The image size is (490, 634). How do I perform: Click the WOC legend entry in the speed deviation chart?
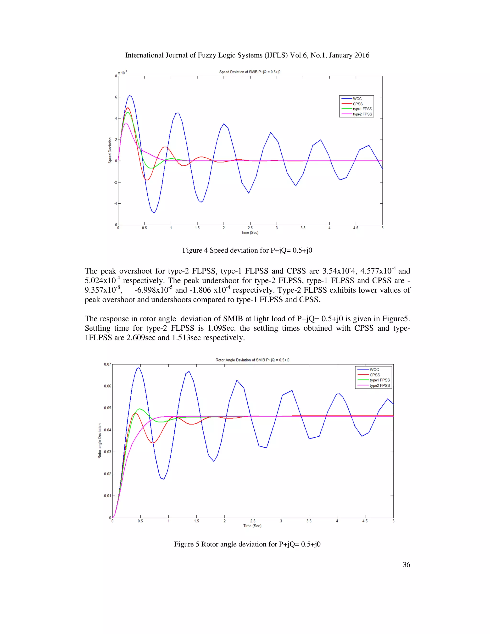tap(357, 99)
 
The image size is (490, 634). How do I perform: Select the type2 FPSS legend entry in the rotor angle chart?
tap(379, 385)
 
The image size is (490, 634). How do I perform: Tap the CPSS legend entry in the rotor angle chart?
tap(374, 375)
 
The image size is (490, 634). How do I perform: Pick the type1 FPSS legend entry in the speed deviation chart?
tap(362, 109)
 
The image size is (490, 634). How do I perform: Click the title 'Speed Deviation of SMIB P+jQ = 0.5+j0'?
tap(250, 72)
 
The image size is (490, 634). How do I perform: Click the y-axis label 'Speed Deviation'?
tap(110, 150)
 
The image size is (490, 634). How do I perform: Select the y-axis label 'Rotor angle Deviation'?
tap(100, 441)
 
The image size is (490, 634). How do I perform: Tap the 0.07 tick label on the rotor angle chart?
tap(107, 364)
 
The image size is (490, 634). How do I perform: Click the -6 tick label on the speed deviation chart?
tap(115, 225)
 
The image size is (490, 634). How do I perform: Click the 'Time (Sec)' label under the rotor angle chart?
tap(252, 526)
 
